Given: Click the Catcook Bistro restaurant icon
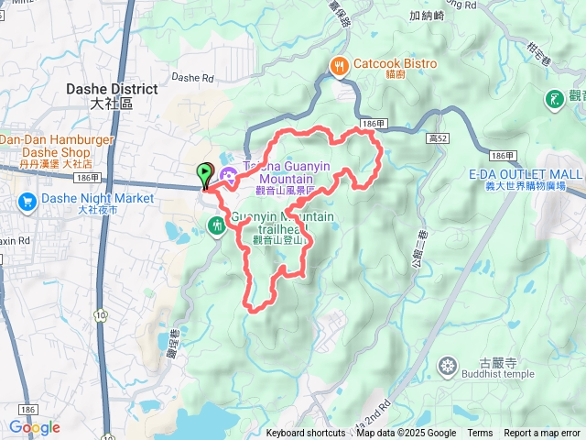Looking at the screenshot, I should tap(339, 65).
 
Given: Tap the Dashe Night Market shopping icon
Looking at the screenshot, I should tap(26, 199).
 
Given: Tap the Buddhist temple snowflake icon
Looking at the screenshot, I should tap(448, 367).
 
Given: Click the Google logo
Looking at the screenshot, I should tap(34, 427).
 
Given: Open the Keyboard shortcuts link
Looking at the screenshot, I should tap(306, 434).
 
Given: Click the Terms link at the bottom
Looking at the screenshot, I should tap(480, 434).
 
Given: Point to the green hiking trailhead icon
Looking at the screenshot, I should tap(216, 224).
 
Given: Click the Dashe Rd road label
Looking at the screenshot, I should tap(191, 78).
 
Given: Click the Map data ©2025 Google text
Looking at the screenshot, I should tap(406, 434).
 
